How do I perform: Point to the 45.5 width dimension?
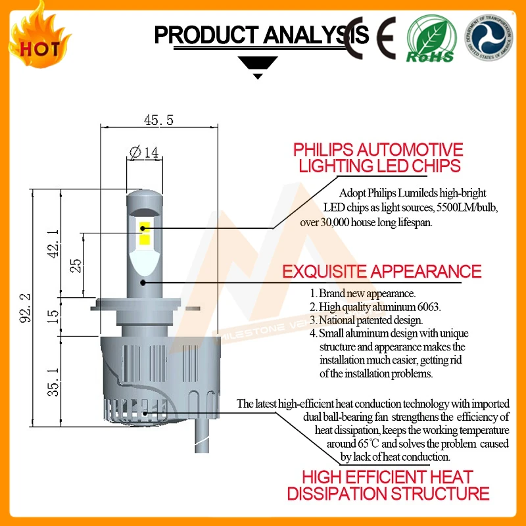click(158, 120)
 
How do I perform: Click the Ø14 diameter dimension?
click(145, 153)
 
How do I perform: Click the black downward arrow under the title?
click(257, 67)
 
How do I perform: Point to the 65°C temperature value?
click(364, 444)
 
